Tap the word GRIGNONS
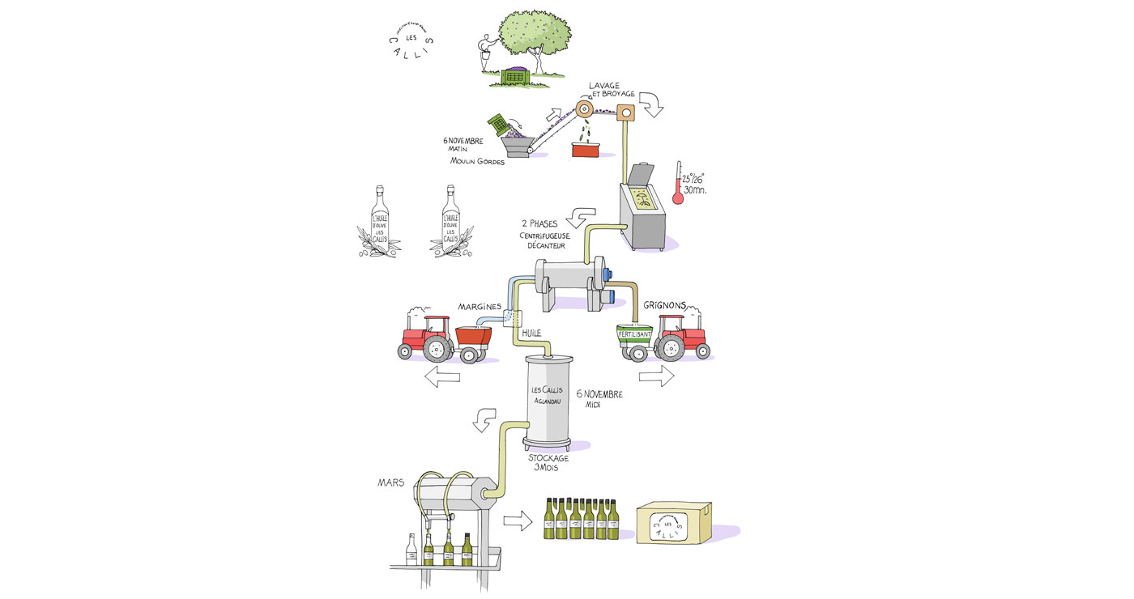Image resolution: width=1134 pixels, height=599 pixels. click(664, 306)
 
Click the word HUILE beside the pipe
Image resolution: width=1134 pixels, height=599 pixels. click(531, 333)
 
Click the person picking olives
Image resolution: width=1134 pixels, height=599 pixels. click(485, 55)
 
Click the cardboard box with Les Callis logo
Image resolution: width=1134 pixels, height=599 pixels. click(673, 522)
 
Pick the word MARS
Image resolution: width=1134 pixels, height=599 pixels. click(390, 483)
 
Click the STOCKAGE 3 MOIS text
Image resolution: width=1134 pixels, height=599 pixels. click(548, 462)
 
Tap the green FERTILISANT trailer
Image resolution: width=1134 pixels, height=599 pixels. click(635, 336)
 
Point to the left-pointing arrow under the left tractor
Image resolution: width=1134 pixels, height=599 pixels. click(442, 375)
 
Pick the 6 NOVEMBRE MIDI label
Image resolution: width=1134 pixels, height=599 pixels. click(599, 398)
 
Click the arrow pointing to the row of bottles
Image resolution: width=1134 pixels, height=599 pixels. click(518, 521)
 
